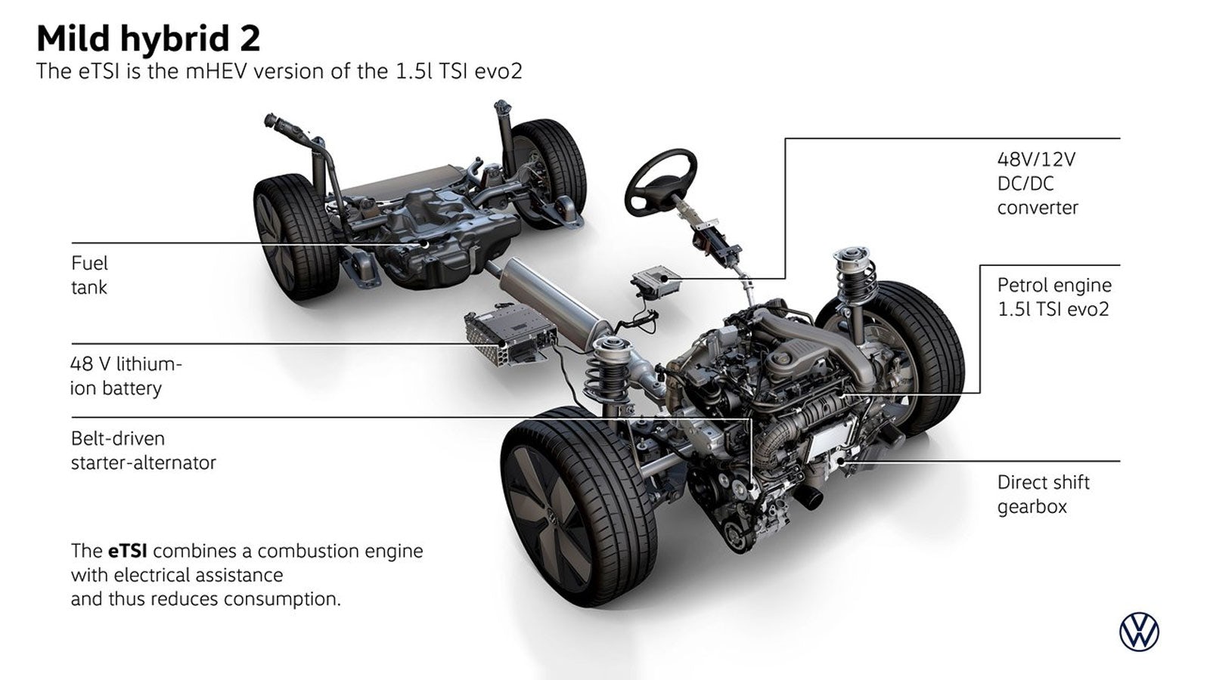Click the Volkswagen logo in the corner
coord(1139,632)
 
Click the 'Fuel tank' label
coord(90,275)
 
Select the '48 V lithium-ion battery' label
coord(126,376)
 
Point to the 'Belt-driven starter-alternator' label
coord(143,450)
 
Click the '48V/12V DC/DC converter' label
coord(1037,184)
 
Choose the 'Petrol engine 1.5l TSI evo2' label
coord(1054,297)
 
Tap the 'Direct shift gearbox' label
coord(1043,494)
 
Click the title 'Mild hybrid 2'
coord(148,39)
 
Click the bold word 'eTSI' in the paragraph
coord(128,551)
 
